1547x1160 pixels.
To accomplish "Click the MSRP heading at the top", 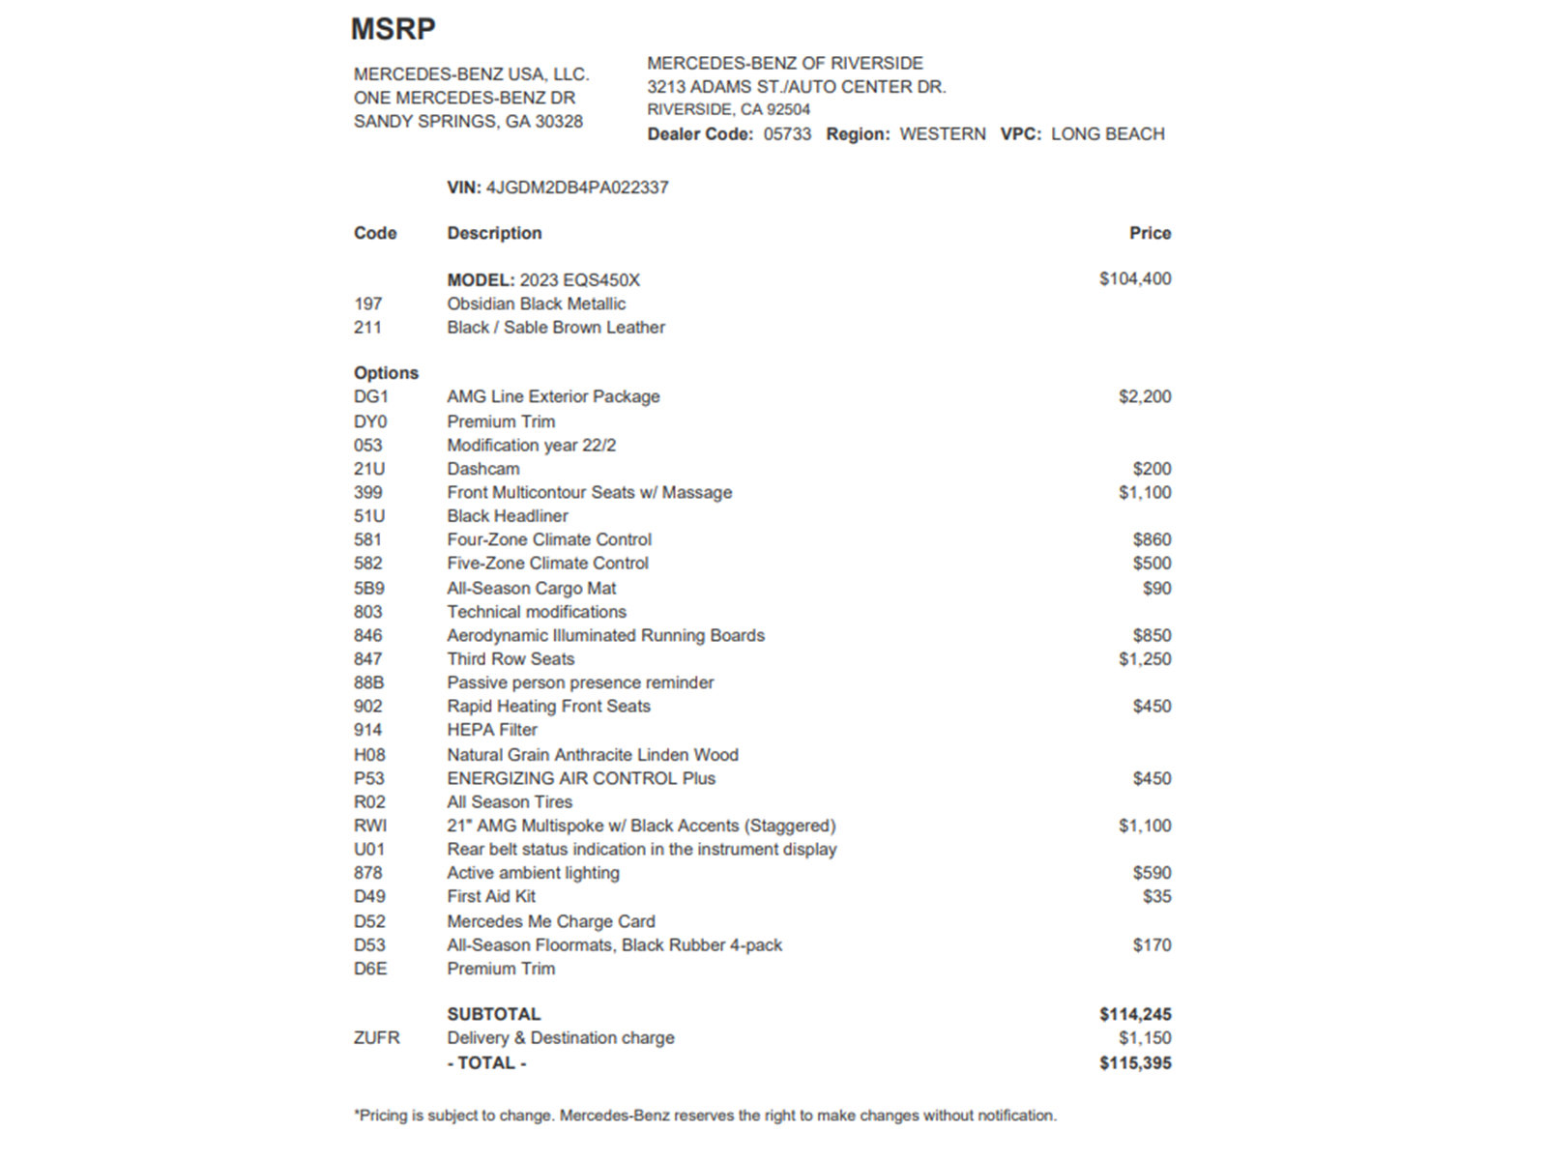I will coord(393,29).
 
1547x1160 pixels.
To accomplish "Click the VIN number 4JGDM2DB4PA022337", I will coord(577,188).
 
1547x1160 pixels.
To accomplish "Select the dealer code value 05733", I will coord(787,134).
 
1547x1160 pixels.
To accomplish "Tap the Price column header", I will coord(1150,233).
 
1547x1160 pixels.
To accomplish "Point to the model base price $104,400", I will coord(1134,279).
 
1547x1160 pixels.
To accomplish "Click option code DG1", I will coord(370,396).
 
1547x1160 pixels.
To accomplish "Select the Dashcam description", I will coord(482,469).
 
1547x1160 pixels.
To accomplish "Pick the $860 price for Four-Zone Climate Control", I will coord(1152,539).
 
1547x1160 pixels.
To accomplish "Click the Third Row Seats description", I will coord(511,659).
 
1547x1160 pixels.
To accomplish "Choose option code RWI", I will coord(370,826).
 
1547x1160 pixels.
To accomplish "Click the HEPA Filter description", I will coord(491,730).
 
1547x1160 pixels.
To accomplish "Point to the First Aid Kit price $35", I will coord(1156,896).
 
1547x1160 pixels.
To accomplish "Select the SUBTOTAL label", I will coord(493,1014).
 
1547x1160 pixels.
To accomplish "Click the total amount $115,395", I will coord(1135,1063).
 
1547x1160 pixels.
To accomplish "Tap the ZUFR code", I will coord(376,1038).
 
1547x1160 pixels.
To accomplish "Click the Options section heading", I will coord(386,373).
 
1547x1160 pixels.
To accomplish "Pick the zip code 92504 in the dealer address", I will coord(788,110).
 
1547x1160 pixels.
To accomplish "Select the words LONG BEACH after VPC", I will coord(1107,134).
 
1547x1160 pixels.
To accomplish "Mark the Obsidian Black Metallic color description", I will coord(536,304).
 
